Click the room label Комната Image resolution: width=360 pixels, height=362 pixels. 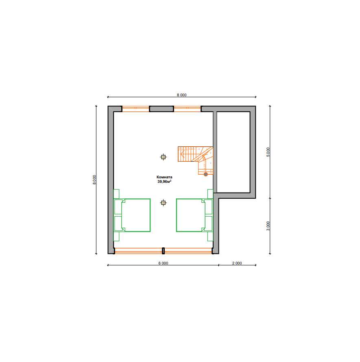tap(164, 177)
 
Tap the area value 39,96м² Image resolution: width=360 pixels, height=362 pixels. tap(164, 182)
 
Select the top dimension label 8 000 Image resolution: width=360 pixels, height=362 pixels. tap(181, 95)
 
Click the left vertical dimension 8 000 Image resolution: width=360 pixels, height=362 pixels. tap(94, 180)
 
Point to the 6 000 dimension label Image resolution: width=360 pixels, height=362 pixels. tap(163, 263)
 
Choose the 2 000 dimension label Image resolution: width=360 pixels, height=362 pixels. tap(237, 263)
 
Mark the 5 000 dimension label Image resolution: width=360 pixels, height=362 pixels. tap(268, 152)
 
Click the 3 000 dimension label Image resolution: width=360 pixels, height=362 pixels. tap(268, 226)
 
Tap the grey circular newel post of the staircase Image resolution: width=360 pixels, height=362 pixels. tap(205, 174)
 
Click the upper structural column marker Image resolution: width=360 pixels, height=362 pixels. tap(163, 157)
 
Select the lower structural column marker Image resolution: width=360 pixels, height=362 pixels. tap(163, 203)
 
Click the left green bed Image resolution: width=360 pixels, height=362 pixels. tap(132, 215)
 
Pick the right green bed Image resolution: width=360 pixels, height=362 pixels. tap(194, 215)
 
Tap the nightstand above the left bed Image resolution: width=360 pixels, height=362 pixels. tap(116, 194)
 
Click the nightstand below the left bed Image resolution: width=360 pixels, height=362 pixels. tap(116, 236)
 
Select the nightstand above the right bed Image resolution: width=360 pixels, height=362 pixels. tap(210, 194)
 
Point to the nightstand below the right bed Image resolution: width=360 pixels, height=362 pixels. tap(210, 236)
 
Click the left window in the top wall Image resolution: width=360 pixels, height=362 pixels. tap(136, 109)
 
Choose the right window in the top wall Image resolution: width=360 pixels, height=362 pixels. tap(187, 109)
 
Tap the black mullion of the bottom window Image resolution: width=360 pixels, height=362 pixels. tap(163, 251)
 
